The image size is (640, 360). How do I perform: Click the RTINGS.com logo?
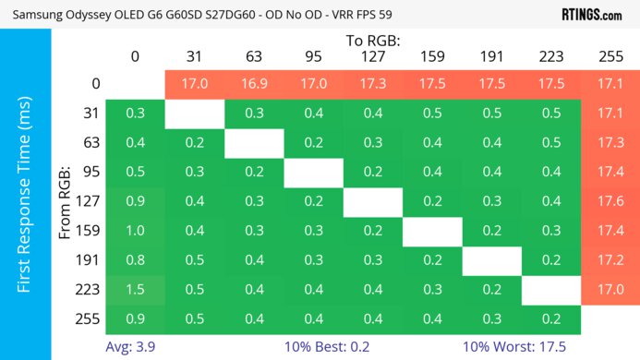coord(590,14)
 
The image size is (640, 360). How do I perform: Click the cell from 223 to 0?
coord(135,290)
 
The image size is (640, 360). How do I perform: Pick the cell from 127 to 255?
coord(610,202)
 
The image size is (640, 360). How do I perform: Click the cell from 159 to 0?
coord(135,231)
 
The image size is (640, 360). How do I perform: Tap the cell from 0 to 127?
coord(373,84)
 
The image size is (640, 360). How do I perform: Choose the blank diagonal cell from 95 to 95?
coord(313,172)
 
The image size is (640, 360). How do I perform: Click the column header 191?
coord(491,57)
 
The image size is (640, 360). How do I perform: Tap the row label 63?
coord(89,143)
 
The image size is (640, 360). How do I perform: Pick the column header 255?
coord(610,57)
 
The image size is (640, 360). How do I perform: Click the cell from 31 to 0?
coord(135,114)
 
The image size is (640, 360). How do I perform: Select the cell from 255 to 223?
coord(551,319)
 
